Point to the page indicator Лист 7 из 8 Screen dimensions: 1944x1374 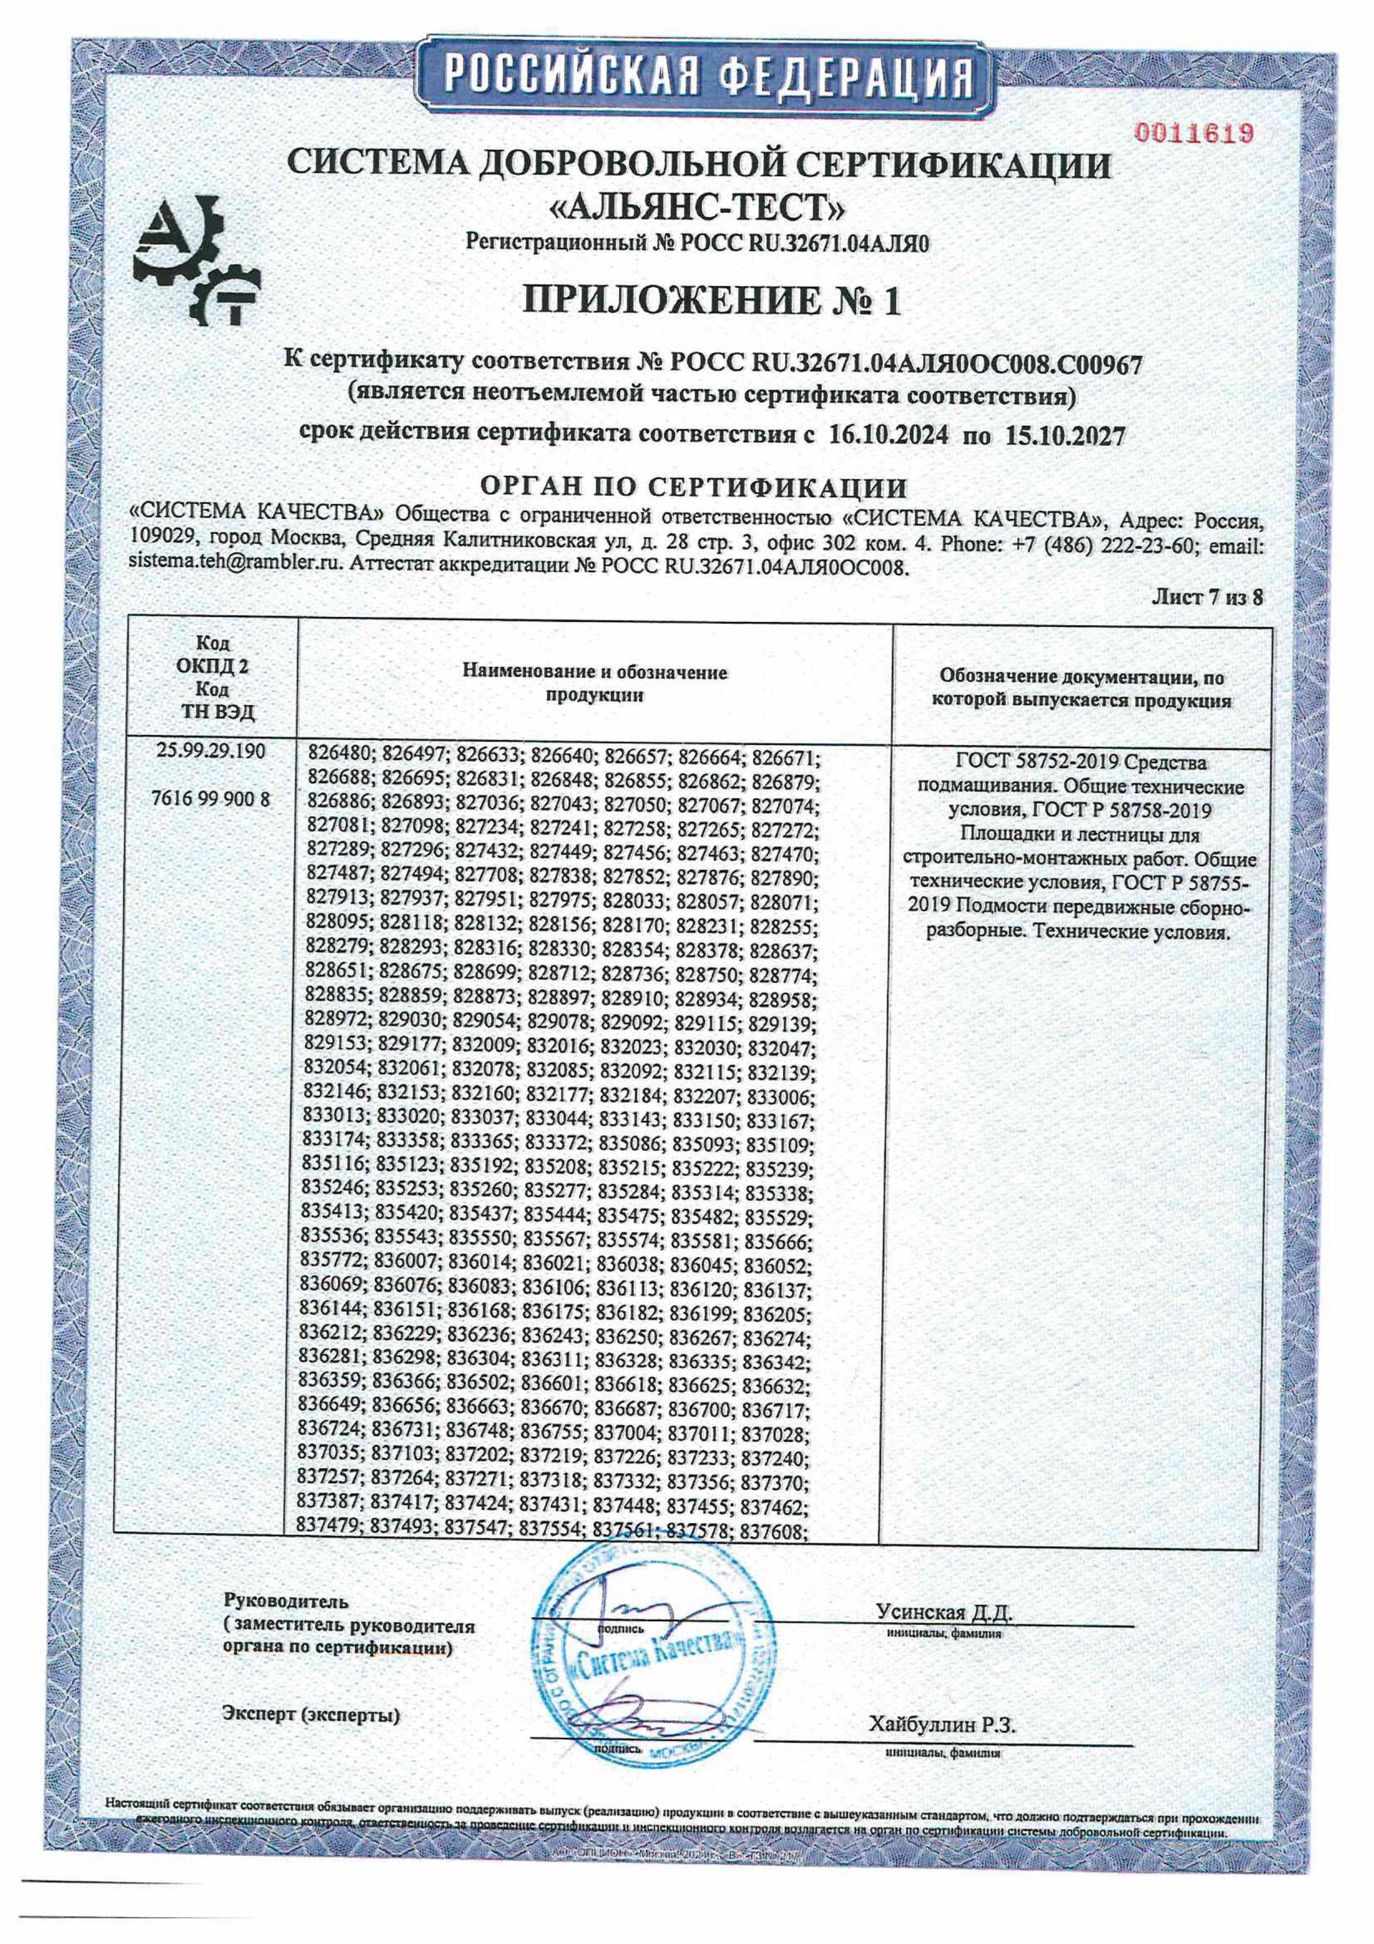[x=1207, y=597]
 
